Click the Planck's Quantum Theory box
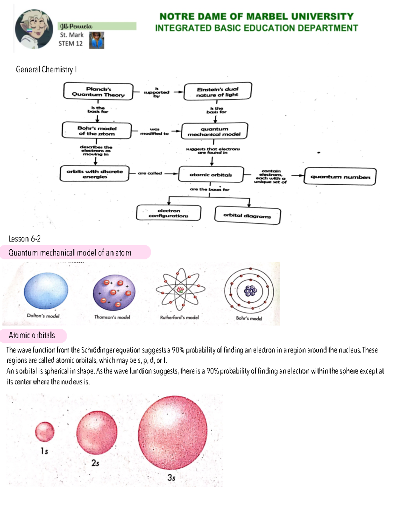[x=98, y=92]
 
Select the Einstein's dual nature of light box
[x=217, y=92]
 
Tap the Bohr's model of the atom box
[x=97, y=130]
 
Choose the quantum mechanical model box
[x=214, y=131]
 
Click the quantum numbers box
[x=340, y=176]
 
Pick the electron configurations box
[x=168, y=213]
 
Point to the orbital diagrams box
[x=247, y=215]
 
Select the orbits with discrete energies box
[x=95, y=174]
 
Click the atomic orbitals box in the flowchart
[x=211, y=174]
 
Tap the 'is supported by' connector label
[x=156, y=92]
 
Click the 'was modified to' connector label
[x=154, y=131]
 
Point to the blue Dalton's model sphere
[x=46, y=291]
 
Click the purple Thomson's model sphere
[x=114, y=292]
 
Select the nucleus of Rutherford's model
[x=180, y=290]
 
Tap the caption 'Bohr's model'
[x=249, y=318]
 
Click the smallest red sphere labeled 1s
[x=45, y=431]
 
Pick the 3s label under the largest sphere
[x=171, y=477]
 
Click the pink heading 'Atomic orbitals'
[x=32, y=335]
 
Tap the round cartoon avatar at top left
[x=34, y=29]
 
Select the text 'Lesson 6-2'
[x=24, y=238]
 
